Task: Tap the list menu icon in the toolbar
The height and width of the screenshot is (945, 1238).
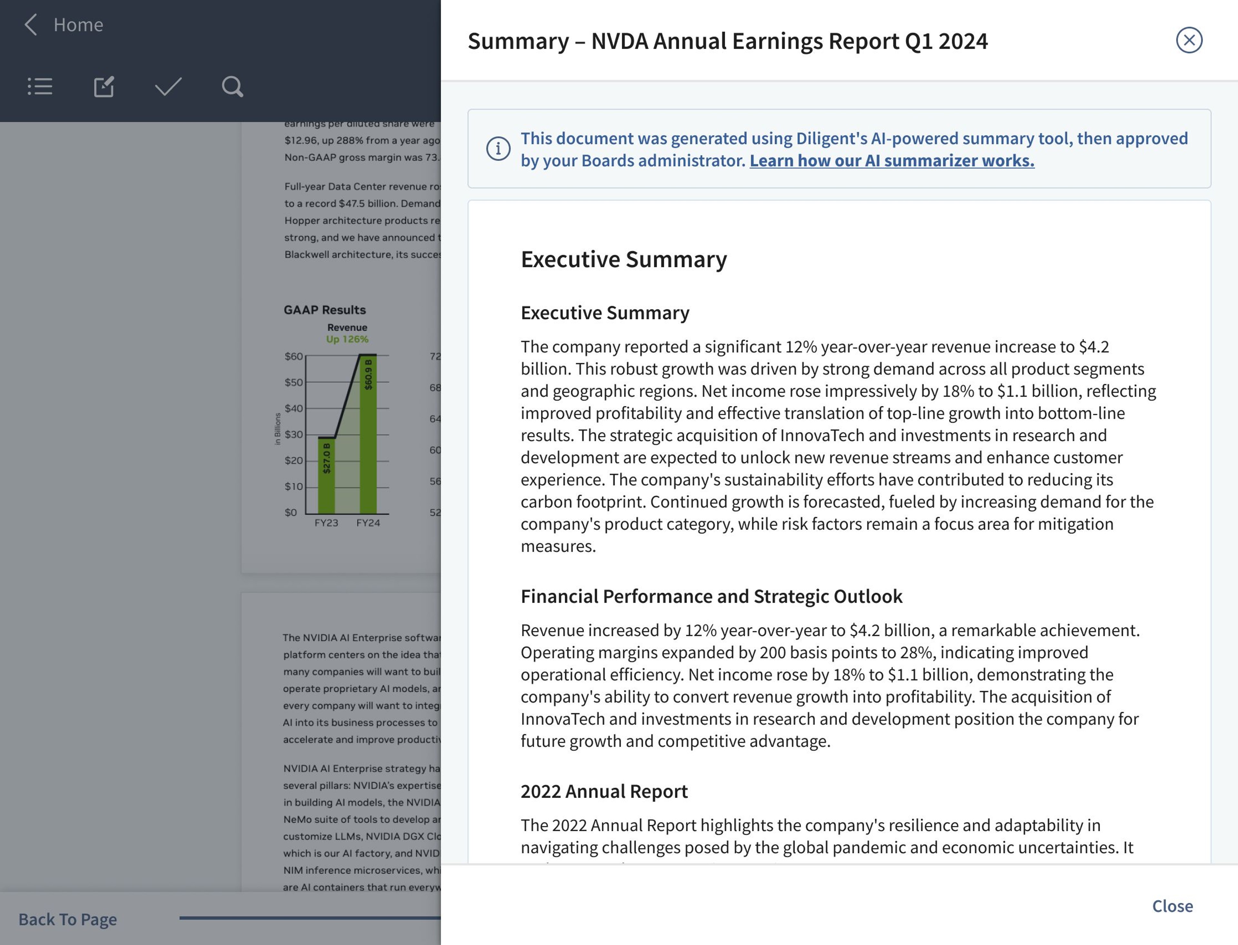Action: [40, 87]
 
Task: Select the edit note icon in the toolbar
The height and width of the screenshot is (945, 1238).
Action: [104, 87]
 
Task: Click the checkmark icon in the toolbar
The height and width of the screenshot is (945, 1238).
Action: [168, 87]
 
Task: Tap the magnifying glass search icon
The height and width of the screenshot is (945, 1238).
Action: [232, 87]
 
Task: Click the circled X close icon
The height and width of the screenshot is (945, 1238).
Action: [1189, 40]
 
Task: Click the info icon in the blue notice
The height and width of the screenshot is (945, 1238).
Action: [498, 148]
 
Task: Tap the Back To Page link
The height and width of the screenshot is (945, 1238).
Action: [67, 919]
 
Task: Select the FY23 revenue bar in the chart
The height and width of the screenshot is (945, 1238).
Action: [327, 475]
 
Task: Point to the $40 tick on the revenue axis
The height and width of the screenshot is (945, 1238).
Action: [293, 408]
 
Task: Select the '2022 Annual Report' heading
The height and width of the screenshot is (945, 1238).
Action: [604, 791]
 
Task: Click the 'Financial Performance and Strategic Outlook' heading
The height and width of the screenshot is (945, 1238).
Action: [711, 596]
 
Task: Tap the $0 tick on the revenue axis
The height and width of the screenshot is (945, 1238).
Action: [291, 512]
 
